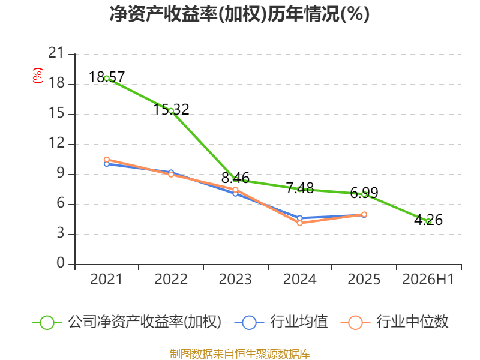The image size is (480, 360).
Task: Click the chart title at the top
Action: click(239, 14)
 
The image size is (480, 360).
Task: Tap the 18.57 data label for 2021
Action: click(107, 77)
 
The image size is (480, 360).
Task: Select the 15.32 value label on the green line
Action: click(171, 109)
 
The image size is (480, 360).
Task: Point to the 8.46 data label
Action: click(235, 178)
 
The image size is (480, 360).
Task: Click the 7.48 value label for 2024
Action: click(300, 188)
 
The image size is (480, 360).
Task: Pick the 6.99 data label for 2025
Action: click(364, 193)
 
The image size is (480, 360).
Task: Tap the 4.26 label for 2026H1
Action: click(428, 220)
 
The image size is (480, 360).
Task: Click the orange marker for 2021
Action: click(107, 160)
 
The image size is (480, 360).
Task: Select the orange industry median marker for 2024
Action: click(299, 223)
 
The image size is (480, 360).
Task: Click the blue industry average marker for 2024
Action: click(299, 218)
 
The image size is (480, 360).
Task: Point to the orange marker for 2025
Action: click(364, 215)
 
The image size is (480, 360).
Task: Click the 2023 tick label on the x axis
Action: click(235, 279)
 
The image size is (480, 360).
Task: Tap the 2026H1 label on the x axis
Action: click(428, 279)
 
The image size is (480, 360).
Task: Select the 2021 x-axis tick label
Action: click(106, 279)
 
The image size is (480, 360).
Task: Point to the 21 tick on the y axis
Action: click(56, 53)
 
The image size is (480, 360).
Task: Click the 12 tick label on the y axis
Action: click(56, 143)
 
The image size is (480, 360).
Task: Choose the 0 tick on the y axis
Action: click(61, 263)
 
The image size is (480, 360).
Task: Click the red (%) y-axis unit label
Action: click(38, 76)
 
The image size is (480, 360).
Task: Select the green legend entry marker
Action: click(47, 323)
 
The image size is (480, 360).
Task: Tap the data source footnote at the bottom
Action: click(240, 354)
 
